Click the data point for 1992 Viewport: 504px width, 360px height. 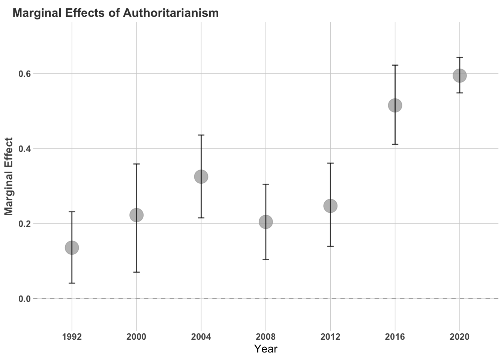[x=72, y=248]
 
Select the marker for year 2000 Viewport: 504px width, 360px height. [x=136, y=215]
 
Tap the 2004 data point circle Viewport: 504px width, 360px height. [x=201, y=177]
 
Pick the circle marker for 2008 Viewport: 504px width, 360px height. [x=266, y=222]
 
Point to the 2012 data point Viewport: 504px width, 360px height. [x=330, y=205]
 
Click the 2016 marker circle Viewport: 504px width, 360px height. [x=395, y=105]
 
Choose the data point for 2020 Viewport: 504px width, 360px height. [x=460, y=76]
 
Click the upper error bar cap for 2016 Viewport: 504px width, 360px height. [x=395, y=65]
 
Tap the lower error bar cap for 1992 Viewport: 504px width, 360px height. [x=72, y=283]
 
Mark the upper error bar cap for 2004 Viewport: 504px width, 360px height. [x=201, y=135]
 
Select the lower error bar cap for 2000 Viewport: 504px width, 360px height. [x=136, y=272]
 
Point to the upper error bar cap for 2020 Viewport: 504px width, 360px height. [x=460, y=58]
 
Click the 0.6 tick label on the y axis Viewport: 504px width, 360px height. [x=24, y=73]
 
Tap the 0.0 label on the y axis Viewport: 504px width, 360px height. [x=24, y=299]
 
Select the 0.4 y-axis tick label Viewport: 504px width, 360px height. [x=24, y=148]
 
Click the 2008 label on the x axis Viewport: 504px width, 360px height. [x=266, y=337]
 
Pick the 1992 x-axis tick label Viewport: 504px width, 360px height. [x=72, y=337]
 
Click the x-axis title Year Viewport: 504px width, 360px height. [x=266, y=349]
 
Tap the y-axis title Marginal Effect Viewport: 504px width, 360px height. [x=9, y=177]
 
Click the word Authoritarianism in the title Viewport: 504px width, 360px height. [x=171, y=13]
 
